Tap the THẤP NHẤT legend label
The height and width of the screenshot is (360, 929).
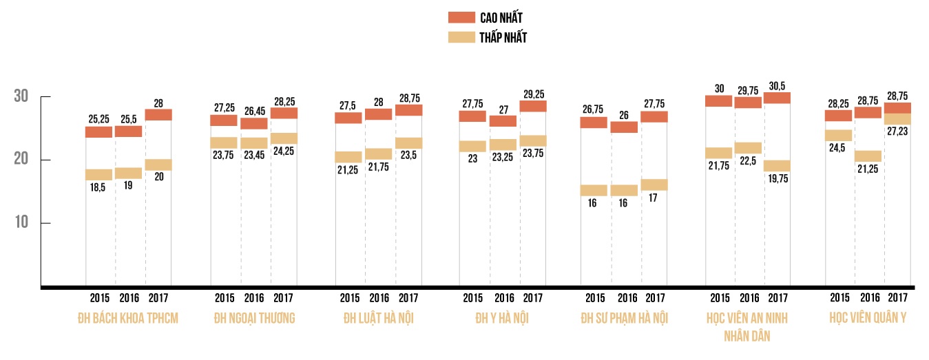tap(503, 38)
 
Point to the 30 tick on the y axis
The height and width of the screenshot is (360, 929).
tap(21, 97)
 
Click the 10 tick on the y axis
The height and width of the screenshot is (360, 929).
tap(21, 223)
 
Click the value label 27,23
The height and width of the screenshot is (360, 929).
tap(897, 131)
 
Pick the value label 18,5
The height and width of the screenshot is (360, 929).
tap(98, 187)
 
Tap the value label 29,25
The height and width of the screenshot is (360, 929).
tap(533, 94)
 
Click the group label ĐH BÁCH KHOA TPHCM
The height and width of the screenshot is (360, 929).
tap(128, 318)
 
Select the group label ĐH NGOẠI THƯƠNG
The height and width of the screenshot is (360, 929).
tap(254, 318)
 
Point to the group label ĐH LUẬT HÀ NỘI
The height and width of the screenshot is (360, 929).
tap(379, 318)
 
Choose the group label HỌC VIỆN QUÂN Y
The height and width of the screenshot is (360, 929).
tap(868, 318)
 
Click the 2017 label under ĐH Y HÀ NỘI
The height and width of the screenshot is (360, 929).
tap(533, 298)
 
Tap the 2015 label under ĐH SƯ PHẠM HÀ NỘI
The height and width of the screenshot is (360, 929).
tap(594, 298)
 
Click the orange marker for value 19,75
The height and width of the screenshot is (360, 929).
tap(777, 166)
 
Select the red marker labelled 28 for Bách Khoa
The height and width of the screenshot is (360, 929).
tap(158, 115)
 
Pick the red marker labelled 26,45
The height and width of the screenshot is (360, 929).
tap(254, 124)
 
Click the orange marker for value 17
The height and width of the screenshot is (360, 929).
tap(654, 184)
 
